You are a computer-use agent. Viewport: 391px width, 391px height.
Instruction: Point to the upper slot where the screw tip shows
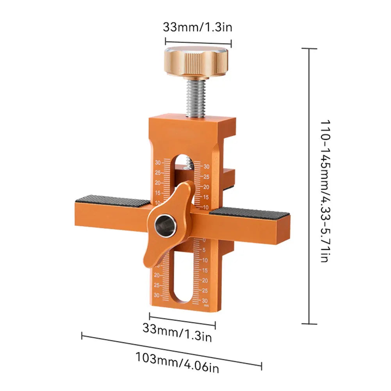pos(183,164)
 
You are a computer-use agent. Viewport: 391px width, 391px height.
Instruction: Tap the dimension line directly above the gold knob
pos(198,41)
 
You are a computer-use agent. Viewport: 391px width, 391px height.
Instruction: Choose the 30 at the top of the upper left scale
pos(158,162)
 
